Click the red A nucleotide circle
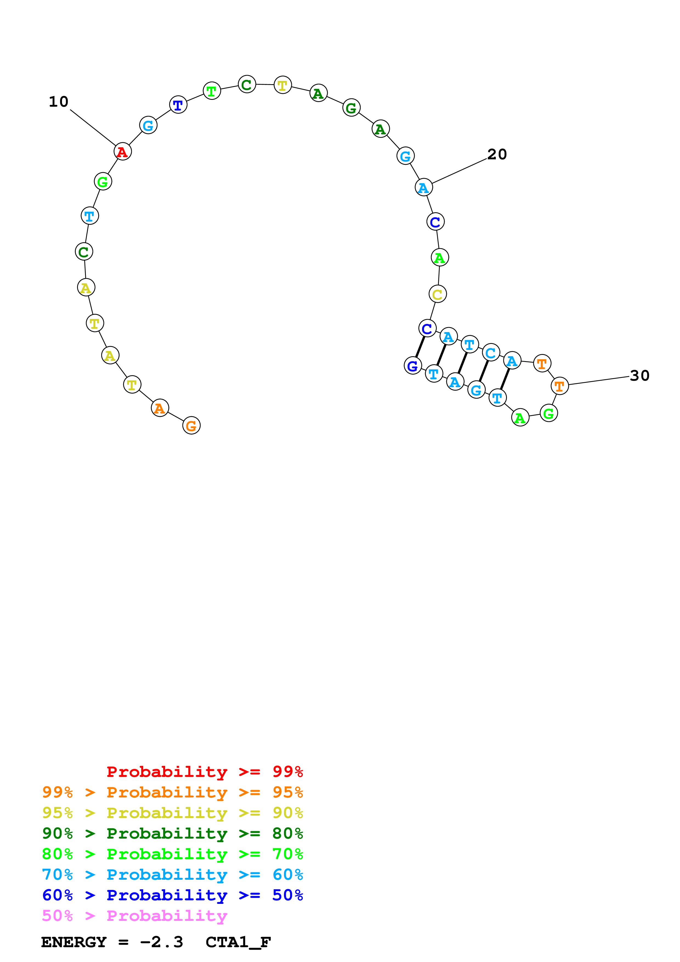point(122,151)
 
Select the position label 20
point(497,154)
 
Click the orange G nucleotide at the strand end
point(191,426)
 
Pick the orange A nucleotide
point(160,408)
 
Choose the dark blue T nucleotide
point(178,105)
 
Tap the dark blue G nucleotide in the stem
point(413,366)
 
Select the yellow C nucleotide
point(438,294)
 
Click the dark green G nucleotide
point(351,108)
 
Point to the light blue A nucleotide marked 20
point(424,188)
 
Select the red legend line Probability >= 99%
point(204,772)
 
